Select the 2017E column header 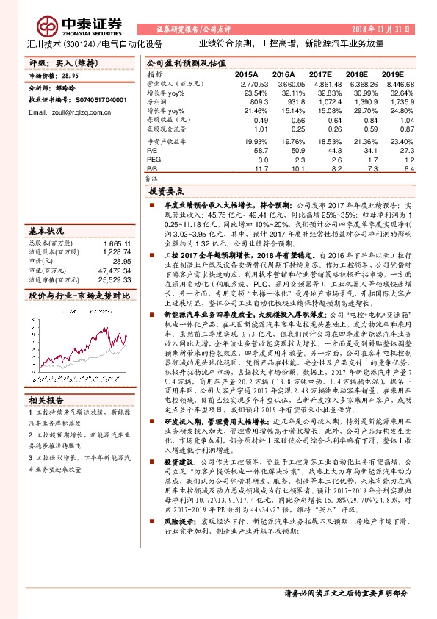tap(320, 75)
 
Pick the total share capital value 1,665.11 tap(117, 243)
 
